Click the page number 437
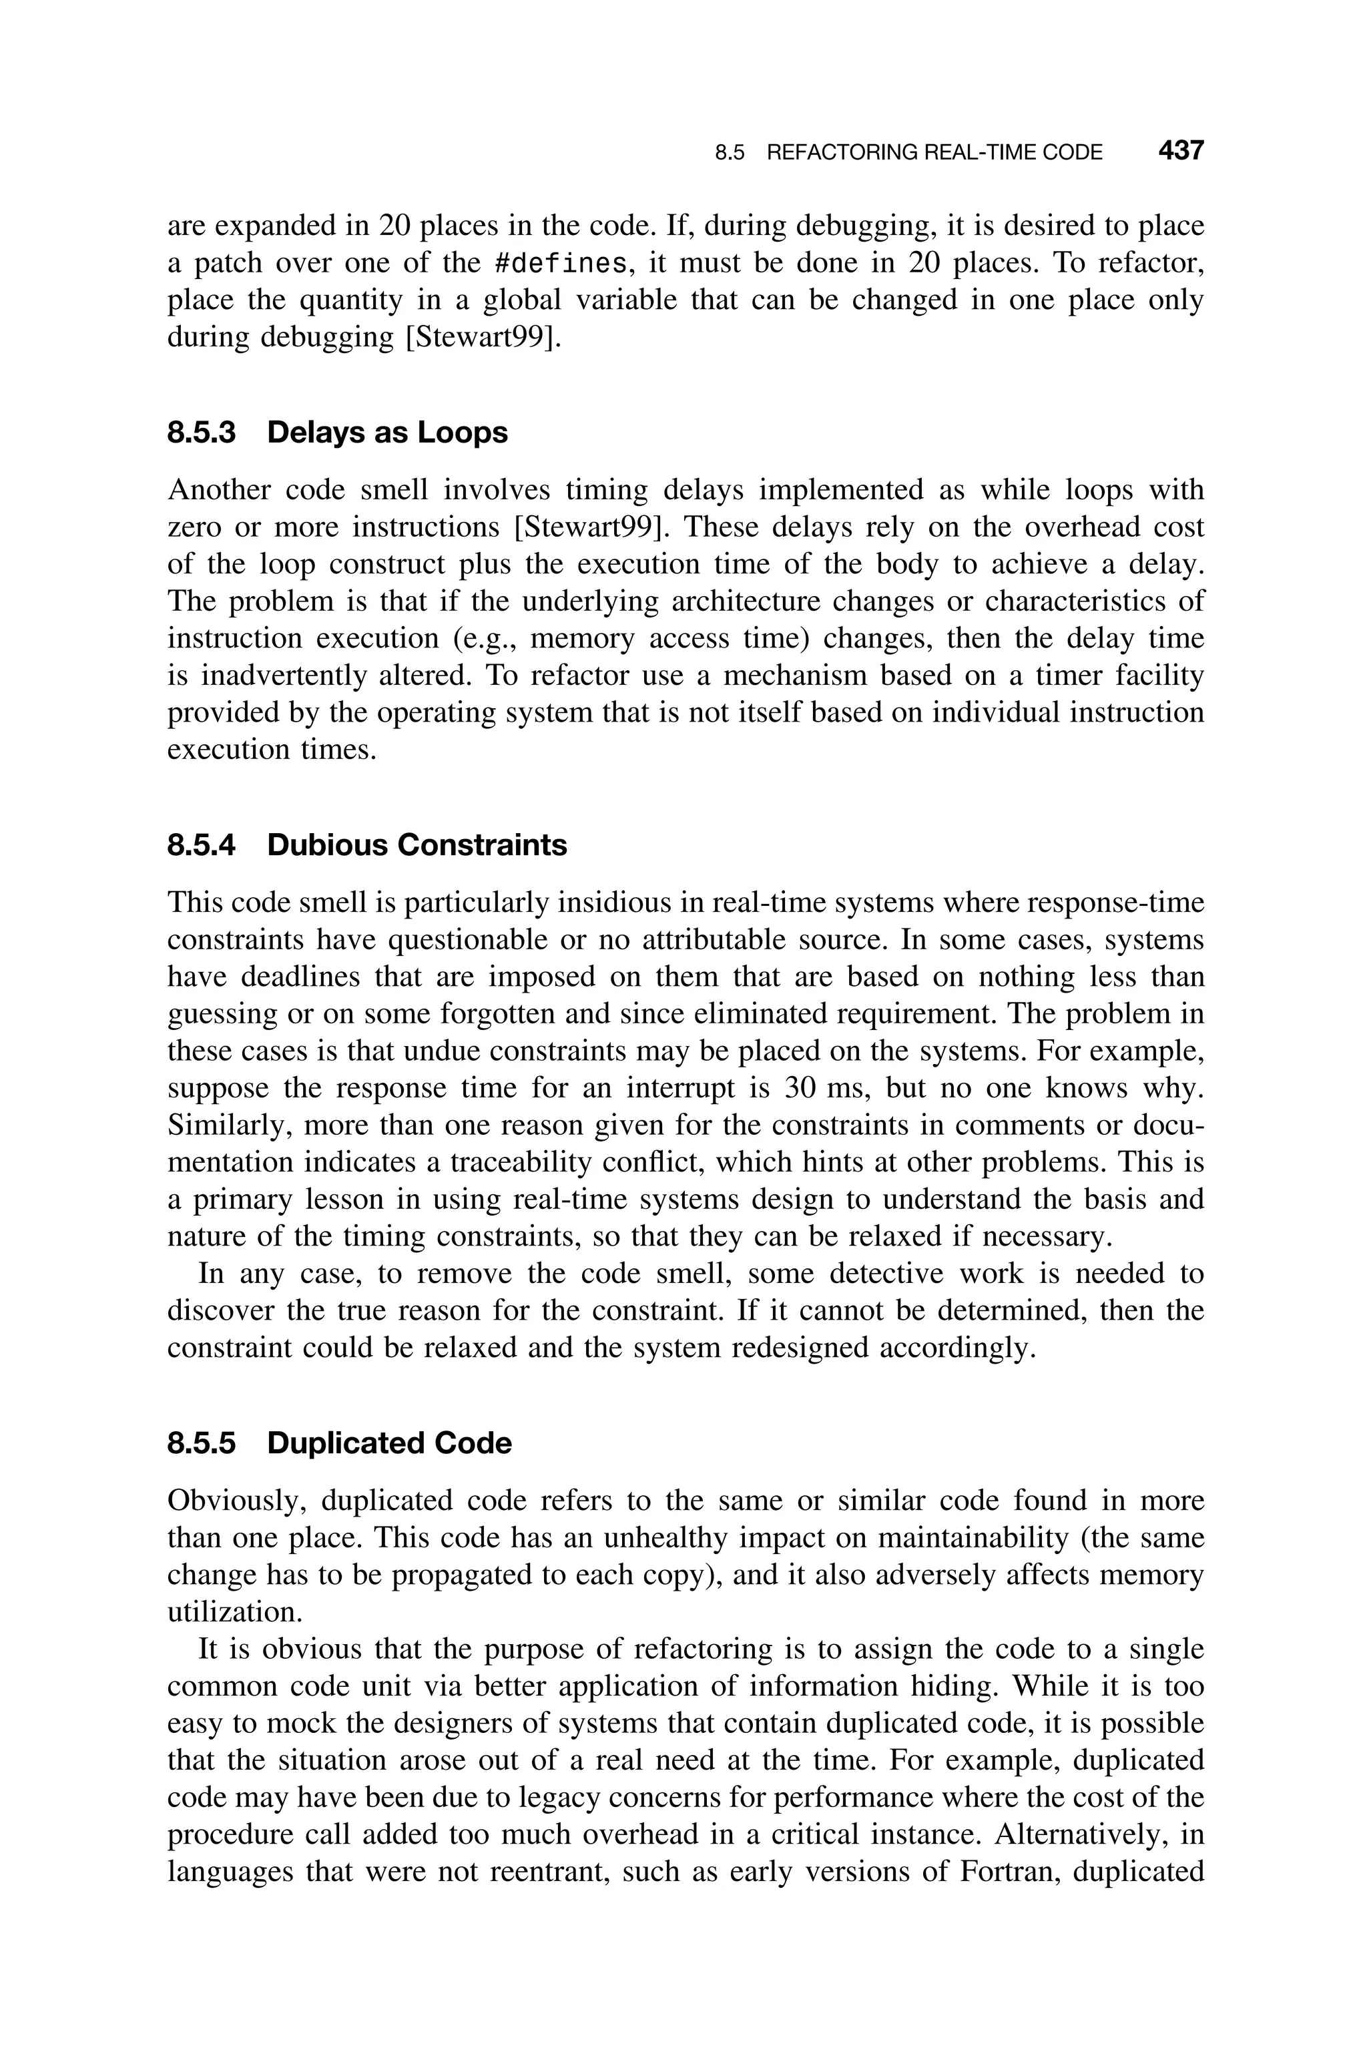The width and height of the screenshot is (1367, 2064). tap(1180, 151)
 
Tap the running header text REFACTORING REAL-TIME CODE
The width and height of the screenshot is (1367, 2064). tap(934, 153)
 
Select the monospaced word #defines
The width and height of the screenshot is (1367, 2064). tap(561, 263)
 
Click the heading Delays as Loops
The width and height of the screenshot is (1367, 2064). tap(387, 433)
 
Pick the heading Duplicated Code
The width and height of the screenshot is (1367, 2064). tap(389, 1443)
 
